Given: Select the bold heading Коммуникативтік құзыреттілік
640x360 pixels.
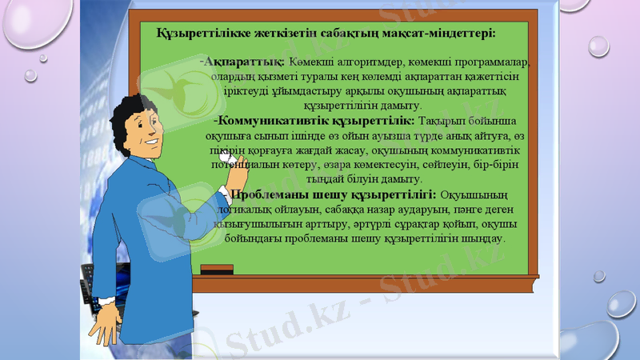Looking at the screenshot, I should point(315,120).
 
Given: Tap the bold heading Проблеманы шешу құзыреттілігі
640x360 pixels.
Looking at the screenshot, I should point(333,194).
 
